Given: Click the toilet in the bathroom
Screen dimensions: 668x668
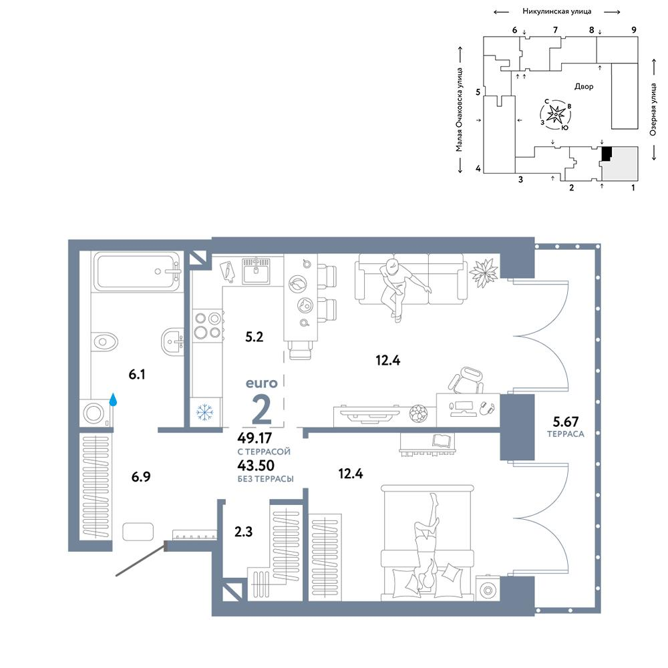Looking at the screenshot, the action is pyautogui.click(x=104, y=341).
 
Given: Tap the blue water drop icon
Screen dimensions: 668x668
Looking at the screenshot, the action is pyautogui.click(x=114, y=399).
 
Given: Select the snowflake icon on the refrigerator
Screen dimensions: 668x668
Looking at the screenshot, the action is pyautogui.click(x=205, y=412).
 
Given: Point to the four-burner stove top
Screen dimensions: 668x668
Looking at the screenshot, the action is pyautogui.click(x=208, y=325).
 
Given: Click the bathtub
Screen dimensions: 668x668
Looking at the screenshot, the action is pyautogui.click(x=137, y=271).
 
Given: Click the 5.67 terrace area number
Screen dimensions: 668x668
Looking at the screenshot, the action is pyautogui.click(x=566, y=422).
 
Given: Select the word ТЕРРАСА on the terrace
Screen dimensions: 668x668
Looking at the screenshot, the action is pyautogui.click(x=566, y=434).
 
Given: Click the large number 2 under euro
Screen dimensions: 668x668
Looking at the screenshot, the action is pyautogui.click(x=262, y=409).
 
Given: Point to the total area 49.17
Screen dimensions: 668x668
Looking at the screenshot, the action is pyautogui.click(x=255, y=438).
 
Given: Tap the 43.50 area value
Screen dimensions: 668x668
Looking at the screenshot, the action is pyautogui.click(x=256, y=465).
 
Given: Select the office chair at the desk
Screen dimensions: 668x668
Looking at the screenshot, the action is pyautogui.click(x=466, y=381).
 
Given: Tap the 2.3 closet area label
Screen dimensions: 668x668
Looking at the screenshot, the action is pyautogui.click(x=243, y=532).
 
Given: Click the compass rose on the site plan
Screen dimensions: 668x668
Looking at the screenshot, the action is pyautogui.click(x=556, y=114).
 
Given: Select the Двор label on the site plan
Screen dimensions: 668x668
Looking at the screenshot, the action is pyautogui.click(x=584, y=86).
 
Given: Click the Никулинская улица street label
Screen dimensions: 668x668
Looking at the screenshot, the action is pyautogui.click(x=557, y=11).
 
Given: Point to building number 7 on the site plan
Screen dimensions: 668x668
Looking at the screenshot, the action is pyautogui.click(x=555, y=30).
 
